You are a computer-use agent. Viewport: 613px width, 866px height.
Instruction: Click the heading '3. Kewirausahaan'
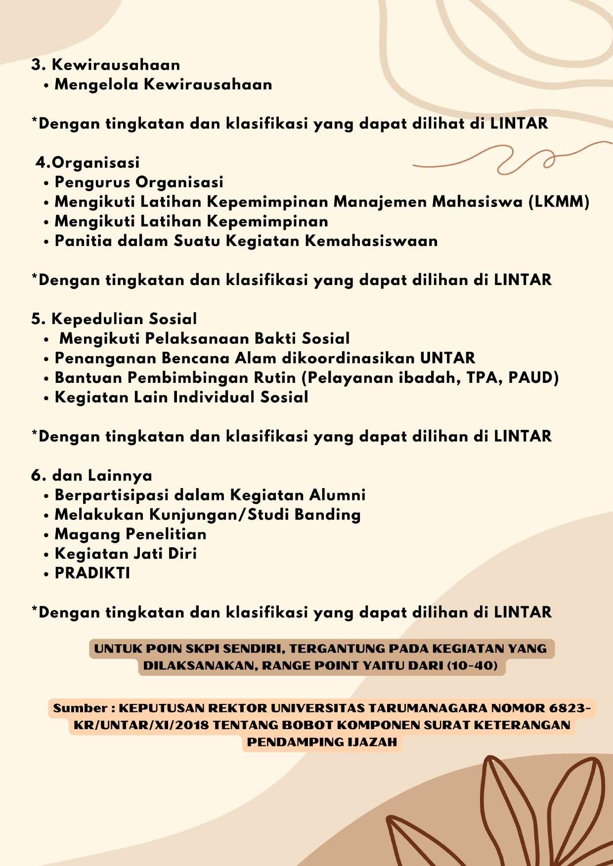coord(106,65)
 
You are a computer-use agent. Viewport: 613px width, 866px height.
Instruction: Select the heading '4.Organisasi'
coord(88,163)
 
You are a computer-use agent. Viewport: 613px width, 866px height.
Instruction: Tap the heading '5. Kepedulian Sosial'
coord(114,319)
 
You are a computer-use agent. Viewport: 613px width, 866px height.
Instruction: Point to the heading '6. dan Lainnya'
coord(91,475)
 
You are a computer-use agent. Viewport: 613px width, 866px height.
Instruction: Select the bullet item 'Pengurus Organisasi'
coord(139,182)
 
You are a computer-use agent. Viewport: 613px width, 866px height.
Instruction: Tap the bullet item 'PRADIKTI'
coord(92,573)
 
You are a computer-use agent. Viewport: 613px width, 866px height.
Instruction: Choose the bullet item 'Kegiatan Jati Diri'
coord(126,553)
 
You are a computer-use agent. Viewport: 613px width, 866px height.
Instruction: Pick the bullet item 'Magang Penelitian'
coord(131,534)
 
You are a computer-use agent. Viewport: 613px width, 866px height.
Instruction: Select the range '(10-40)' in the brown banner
coord(472,665)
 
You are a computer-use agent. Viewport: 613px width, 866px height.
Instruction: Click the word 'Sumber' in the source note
coord(81,708)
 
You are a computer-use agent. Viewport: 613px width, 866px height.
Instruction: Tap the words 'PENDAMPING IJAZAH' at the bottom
coord(322,742)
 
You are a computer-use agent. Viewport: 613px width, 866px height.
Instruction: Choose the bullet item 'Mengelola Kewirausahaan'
coord(163,84)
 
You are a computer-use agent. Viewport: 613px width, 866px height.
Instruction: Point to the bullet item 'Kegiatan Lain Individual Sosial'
coord(181,397)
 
